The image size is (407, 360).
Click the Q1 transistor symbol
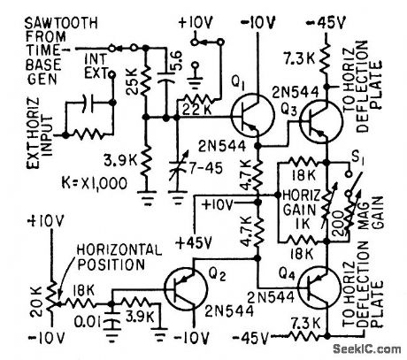point(247,114)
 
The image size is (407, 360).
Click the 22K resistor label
point(192,109)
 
